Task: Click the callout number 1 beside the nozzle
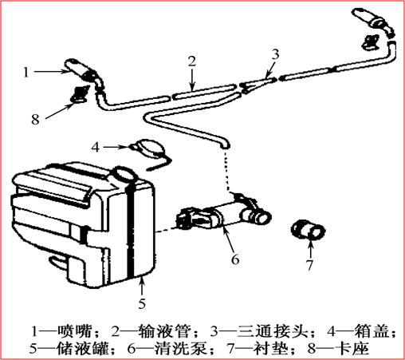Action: coord(27,71)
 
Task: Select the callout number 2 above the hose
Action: coord(191,61)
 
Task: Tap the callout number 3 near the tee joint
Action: coord(275,53)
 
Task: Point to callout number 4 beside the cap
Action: coord(96,147)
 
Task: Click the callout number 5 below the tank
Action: coord(141,303)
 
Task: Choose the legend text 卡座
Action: coord(350,349)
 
